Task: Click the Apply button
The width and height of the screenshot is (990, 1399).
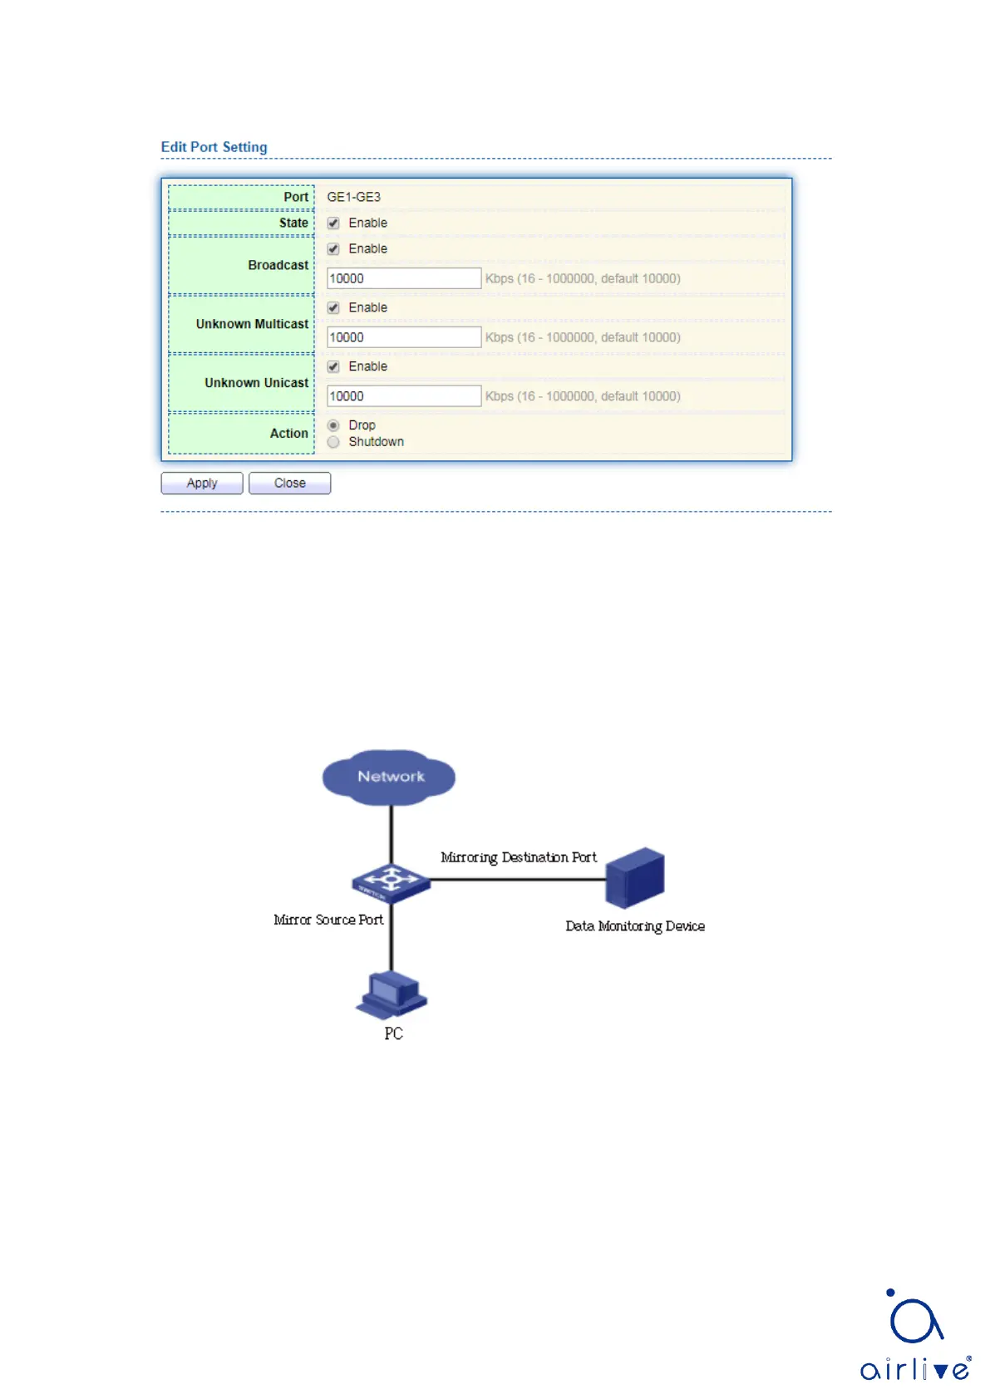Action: pyautogui.click(x=202, y=484)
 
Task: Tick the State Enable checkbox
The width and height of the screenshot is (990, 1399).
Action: pyautogui.click(x=333, y=223)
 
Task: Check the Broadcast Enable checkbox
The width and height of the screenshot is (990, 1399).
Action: pyautogui.click(x=333, y=249)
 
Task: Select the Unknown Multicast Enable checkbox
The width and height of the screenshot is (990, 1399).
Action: pyautogui.click(x=333, y=308)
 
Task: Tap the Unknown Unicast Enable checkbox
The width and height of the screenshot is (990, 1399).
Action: pyautogui.click(x=333, y=367)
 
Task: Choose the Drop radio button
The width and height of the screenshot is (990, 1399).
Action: pyautogui.click(x=333, y=425)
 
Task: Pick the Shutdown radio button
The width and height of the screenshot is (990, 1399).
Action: pyautogui.click(x=333, y=442)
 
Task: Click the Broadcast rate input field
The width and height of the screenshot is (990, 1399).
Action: pyautogui.click(x=404, y=278)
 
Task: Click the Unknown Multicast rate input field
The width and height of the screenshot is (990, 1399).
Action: pyautogui.click(x=404, y=337)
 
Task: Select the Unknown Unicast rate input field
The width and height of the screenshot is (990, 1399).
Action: pyautogui.click(x=404, y=396)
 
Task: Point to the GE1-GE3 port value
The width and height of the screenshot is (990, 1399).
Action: pyautogui.click(x=353, y=197)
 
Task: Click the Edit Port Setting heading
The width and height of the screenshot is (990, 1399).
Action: pyautogui.click(x=214, y=147)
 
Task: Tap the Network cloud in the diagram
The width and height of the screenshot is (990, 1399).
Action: pyautogui.click(x=390, y=777)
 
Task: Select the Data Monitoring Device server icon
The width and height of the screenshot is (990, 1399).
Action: pyautogui.click(x=635, y=877)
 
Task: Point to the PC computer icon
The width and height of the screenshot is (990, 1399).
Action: pyautogui.click(x=392, y=994)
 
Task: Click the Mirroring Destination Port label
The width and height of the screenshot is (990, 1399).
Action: pyautogui.click(x=519, y=857)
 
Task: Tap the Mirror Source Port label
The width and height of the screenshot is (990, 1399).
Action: pyautogui.click(x=328, y=920)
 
